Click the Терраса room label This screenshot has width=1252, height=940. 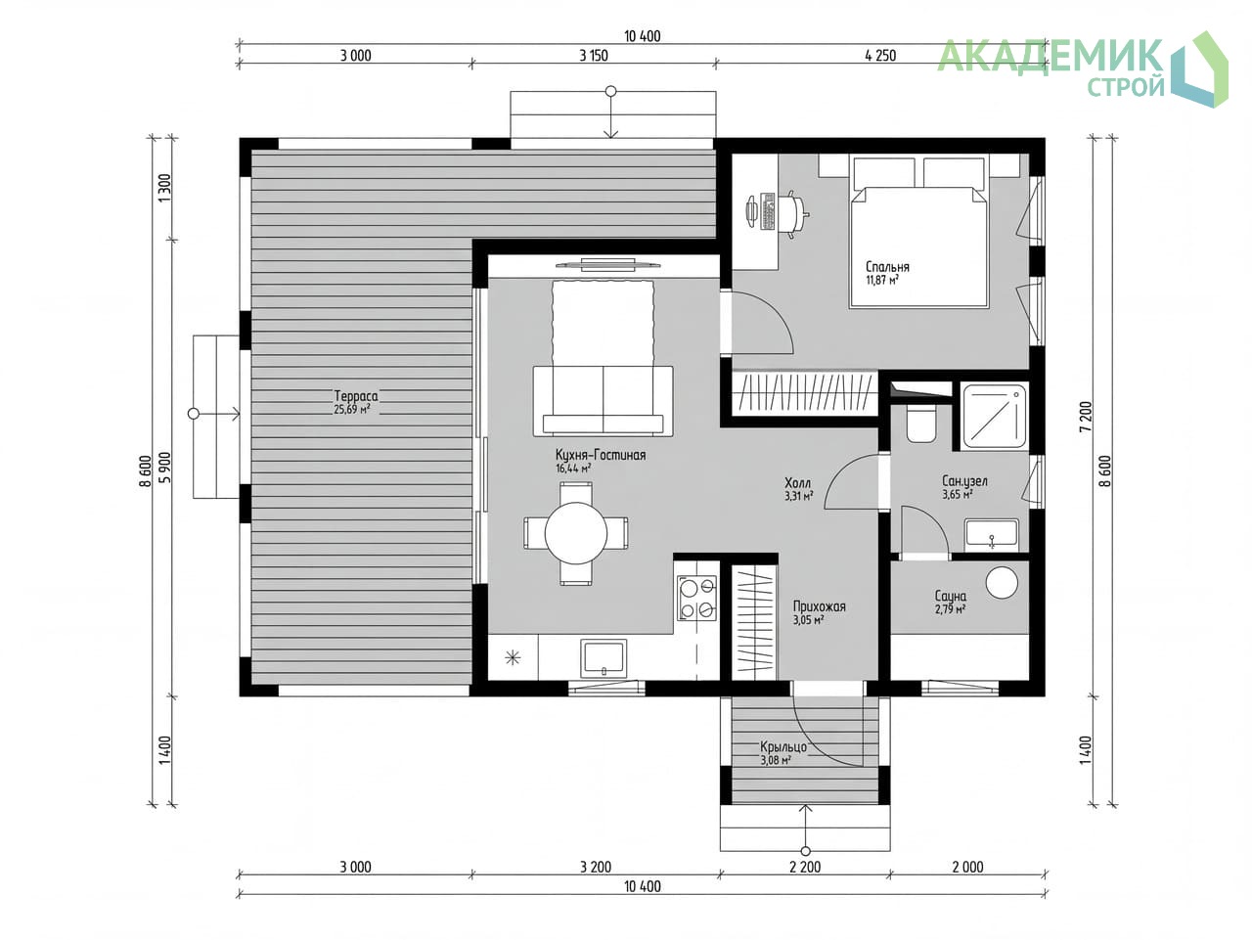pos(355,395)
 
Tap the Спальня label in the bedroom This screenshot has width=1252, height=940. pos(887,266)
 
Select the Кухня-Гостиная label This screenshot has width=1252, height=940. pos(600,455)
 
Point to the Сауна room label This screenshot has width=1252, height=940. pos(951,596)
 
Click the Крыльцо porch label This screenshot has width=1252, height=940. pos(782,746)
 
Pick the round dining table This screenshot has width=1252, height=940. pos(575,533)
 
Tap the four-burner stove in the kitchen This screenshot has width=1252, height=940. pos(695,598)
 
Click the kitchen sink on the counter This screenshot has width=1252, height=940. pos(604,657)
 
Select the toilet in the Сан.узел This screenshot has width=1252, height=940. pos(920,424)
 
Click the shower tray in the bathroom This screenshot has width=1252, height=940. pos(995,416)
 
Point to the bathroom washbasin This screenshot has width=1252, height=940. pos(992,534)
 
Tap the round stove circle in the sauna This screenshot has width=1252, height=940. pos(1002,582)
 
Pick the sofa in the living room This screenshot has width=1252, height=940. pos(603,401)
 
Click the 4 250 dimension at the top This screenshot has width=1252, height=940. pos(880,56)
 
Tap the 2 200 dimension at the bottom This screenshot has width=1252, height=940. pos(805,867)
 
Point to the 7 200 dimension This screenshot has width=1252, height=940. pos(1086,417)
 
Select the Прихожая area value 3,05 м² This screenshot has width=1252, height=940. pos(808,620)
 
